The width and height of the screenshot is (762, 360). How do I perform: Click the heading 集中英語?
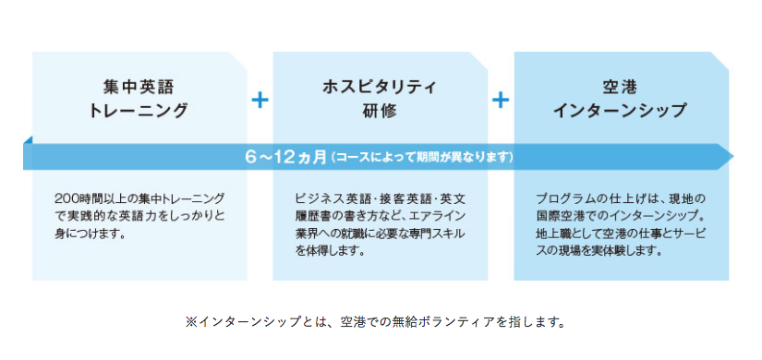point(139,89)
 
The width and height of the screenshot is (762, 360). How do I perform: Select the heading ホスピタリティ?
point(380,89)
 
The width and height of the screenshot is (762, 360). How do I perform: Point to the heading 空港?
point(621,89)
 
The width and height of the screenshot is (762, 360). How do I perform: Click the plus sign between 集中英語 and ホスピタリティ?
point(260,100)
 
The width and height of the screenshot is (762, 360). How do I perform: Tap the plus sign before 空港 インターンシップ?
point(501,100)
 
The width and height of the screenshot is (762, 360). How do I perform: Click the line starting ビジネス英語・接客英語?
point(381,199)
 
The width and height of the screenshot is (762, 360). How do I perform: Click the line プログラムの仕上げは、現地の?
point(621,199)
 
